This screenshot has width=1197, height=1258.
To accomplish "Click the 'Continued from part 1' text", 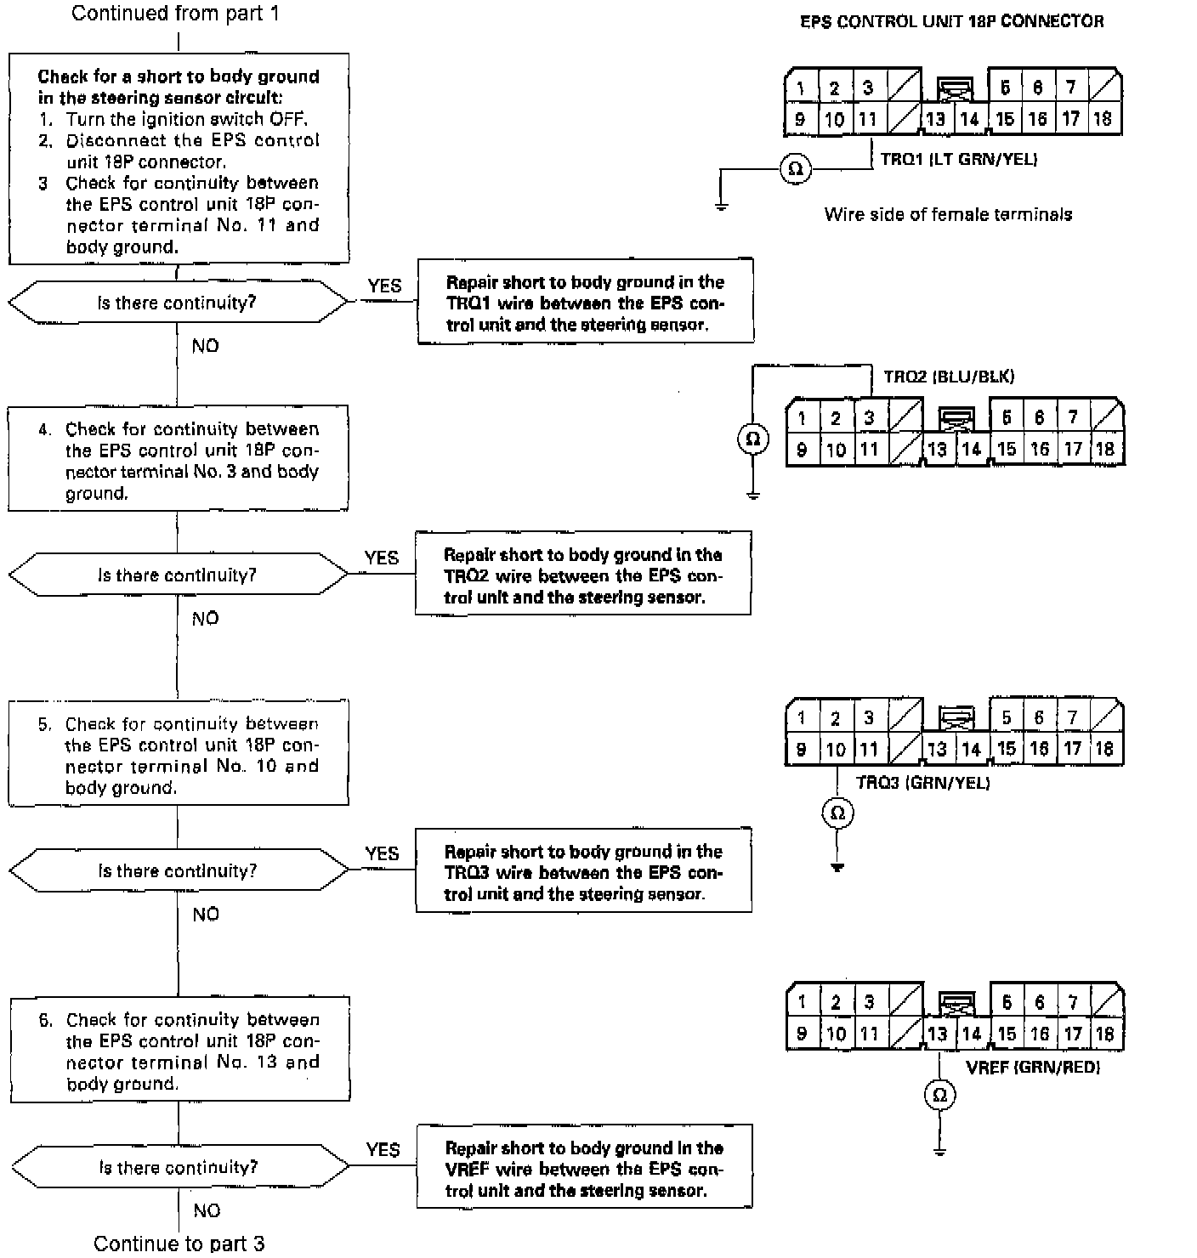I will (x=175, y=14).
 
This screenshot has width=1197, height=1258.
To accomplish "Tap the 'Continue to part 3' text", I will (x=179, y=1244).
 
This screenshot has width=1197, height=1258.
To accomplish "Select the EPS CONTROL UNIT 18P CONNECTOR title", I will (x=952, y=22).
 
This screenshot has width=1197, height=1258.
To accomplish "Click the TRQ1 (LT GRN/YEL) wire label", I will (x=958, y=159).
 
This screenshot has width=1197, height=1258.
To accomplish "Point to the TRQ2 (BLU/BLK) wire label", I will (x=949, y=377).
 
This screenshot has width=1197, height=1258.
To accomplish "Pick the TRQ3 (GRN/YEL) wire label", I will (x=922, y=783).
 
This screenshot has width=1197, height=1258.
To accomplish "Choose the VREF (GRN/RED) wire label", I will (x=1033, y=1068).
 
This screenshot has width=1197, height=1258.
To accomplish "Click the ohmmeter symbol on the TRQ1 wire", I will (x=796, y=169).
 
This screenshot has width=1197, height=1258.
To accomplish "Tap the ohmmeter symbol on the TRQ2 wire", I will (x=752, y=439).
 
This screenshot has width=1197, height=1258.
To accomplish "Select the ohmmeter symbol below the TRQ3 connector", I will (x=837, y=813).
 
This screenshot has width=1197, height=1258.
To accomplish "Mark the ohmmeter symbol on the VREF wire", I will (x=939, y=1096).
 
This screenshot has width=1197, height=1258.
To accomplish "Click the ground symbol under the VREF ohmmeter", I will (x=939, y=1151).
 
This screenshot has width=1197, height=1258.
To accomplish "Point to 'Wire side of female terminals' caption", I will (x=948, y=214).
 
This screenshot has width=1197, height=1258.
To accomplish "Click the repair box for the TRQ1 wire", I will (x=585, y=302).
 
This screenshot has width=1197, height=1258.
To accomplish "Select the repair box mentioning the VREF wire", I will (x=584, y=1167).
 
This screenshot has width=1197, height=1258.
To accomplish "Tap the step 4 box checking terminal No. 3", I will (x=179, y=459).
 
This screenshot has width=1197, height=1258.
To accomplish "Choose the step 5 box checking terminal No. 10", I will (x=179, y=754).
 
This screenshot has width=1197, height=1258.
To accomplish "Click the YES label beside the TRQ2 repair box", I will (x=381, y=558).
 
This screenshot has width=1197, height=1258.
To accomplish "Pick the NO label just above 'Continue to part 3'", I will (x=207, y=1210).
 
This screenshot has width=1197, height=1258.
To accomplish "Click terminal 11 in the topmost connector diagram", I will (x=867, y=120).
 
